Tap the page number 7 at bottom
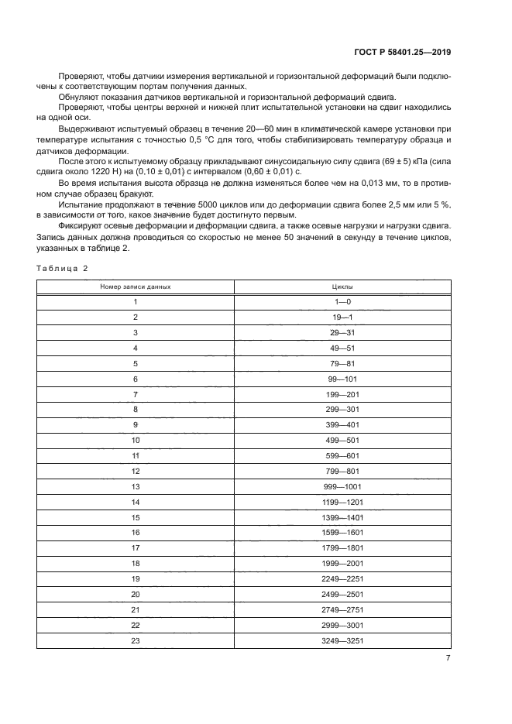[448, 657]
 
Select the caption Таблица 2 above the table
[63, 267]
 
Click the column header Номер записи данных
[136, 287]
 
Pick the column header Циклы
[342, 287]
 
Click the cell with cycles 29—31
[342, 332]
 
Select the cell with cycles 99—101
[342, 379]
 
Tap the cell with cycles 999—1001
[342, 486]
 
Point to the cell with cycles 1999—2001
[342, 564]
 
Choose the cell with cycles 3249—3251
[342, 640]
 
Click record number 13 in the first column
[136, 486]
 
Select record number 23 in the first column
[136, 640]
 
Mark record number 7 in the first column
[136, 394]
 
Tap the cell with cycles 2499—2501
[342, 595]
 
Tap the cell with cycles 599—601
[342, 455]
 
